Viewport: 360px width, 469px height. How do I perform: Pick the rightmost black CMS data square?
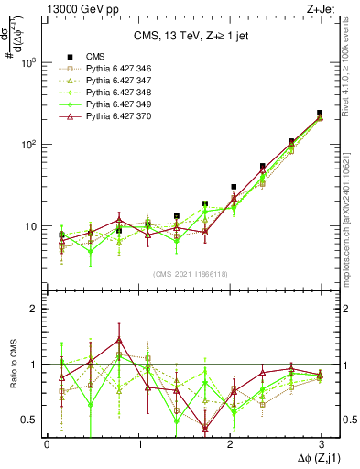[x=319, y=113]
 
